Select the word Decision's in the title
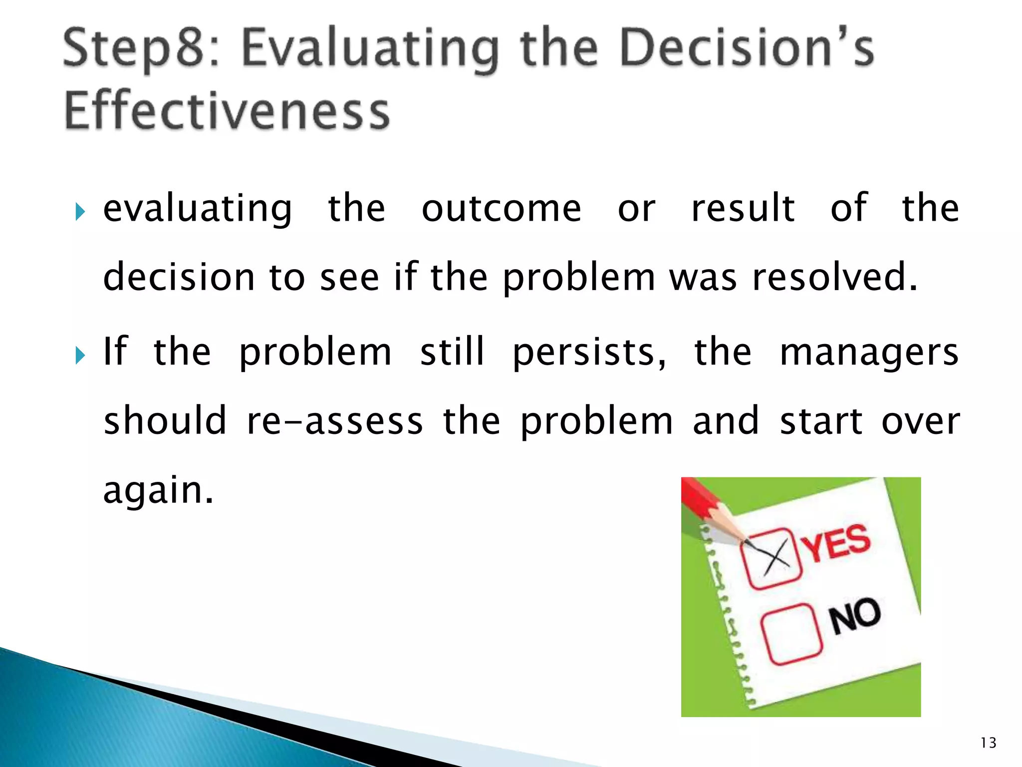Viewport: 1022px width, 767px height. click(747, 48)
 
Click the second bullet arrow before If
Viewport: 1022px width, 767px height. click(80, 356)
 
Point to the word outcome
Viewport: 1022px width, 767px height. click(501, 209)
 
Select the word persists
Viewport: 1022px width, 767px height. click(589, 353)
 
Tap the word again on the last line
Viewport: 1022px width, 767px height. click(158, 491)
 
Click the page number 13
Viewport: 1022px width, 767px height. click(988, 743)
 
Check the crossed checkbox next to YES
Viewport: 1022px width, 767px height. click(770, 558)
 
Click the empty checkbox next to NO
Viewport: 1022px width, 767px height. click(791, 634)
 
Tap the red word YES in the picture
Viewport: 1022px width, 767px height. click(837, 543)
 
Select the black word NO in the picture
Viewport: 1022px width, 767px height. click(855, 616)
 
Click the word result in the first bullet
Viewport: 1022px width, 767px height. click(743, 209)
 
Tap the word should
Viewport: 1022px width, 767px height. click(165, 421)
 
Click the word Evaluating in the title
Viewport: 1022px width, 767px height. click(370, 49)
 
